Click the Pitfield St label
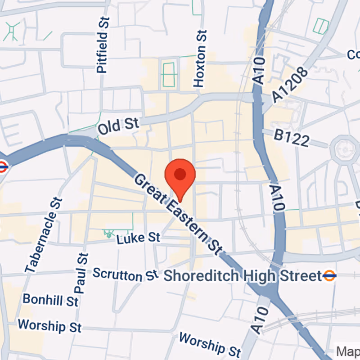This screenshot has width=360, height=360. pyautogui.click(x=103, y=45)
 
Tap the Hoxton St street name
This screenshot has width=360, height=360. pyautogui.click(x=200, y=58)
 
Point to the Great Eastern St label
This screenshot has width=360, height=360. pyautogui.click(x=179, y=214)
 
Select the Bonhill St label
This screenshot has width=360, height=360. pyautogui.click(x=50, y=299)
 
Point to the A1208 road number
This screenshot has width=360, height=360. pyautogui.click(x=290, y=85)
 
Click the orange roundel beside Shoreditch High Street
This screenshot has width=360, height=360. pyautogui.click(x=330, y=275)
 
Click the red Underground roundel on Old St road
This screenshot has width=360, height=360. pyautogui.click(x=2, y=166)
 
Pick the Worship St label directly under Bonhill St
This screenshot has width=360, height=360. pyautogui.click(x=49, y=325)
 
